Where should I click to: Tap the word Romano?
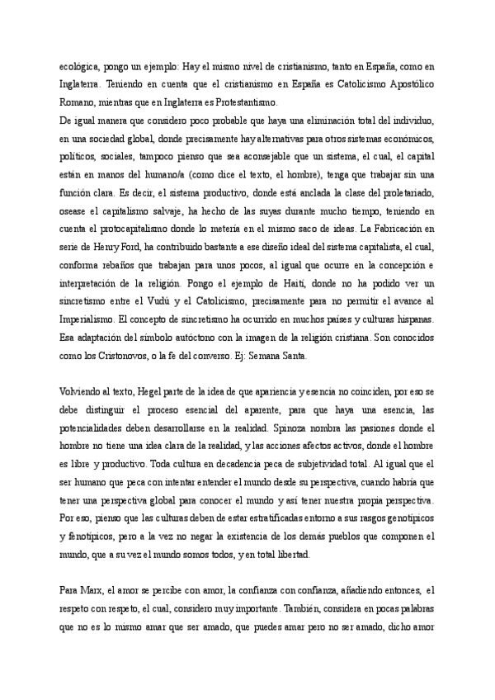point(75,102)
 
